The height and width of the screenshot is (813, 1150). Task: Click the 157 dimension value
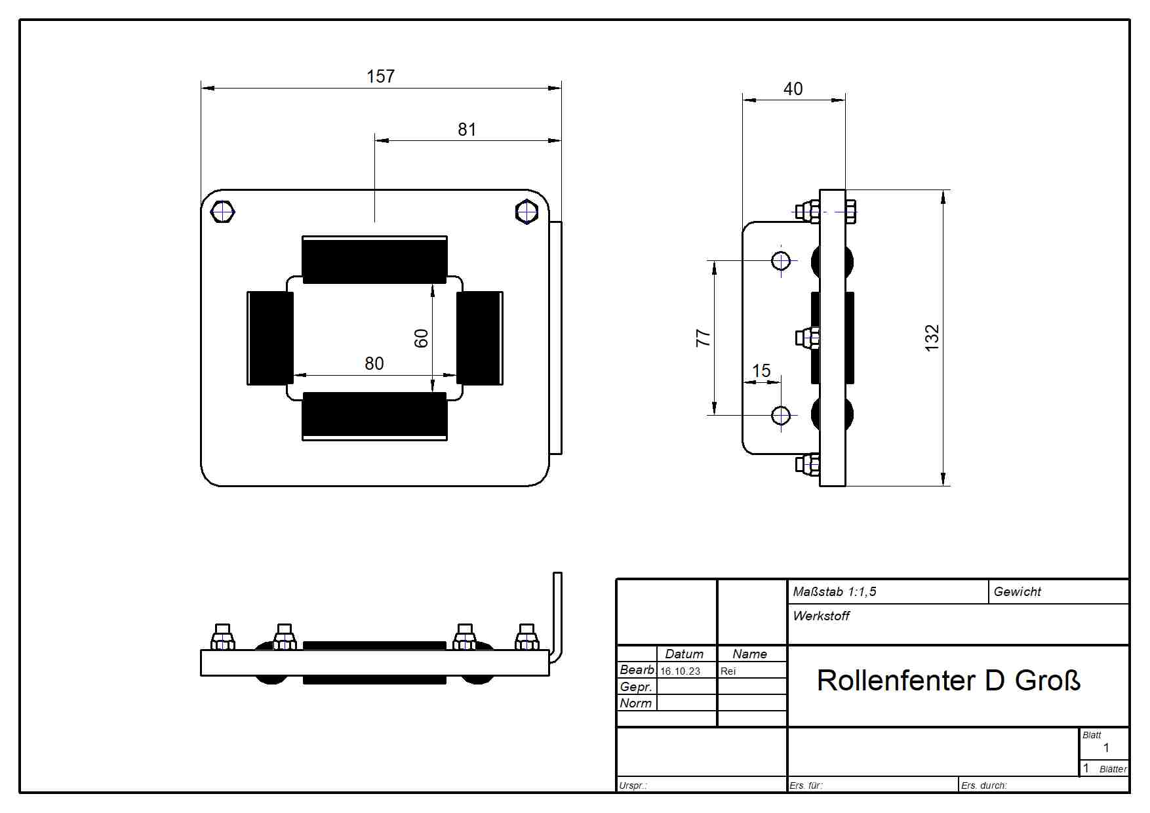380,77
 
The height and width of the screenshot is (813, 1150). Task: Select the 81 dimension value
467,130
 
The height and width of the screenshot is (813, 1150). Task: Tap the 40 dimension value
793,89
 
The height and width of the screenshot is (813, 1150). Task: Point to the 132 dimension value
932,338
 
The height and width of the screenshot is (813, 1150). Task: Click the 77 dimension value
703,338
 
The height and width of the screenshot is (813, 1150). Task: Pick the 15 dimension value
761,371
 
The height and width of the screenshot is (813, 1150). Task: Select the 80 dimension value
374,364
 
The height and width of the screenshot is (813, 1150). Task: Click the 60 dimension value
421,338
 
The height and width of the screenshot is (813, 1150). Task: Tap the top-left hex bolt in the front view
223,212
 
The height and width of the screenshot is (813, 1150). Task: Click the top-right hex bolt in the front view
526,212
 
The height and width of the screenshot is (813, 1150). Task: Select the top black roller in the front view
374,260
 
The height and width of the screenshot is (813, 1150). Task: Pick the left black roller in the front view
270,338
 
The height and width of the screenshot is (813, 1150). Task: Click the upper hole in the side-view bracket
781,260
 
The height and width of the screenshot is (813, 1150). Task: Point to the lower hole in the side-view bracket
781,415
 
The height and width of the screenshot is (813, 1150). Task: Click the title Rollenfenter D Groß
948,681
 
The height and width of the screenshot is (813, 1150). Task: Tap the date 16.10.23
680,671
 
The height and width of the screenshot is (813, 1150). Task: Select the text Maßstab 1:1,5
834,592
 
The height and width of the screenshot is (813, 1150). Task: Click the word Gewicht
1017,592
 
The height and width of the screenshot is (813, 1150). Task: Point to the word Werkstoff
821,616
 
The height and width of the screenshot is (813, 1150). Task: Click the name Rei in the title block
728,671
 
